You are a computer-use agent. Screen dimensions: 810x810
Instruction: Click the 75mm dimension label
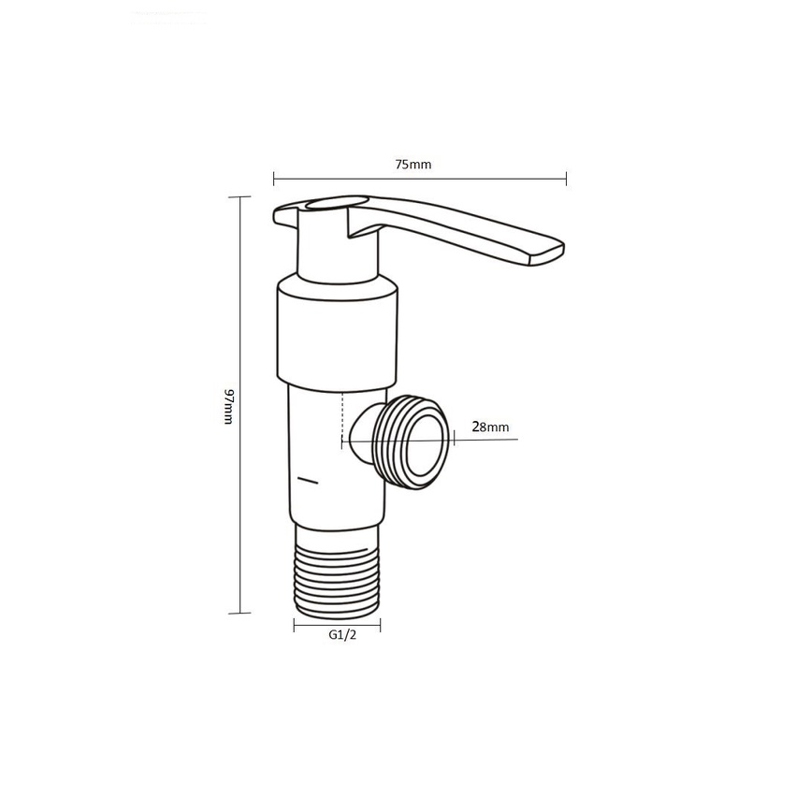412,165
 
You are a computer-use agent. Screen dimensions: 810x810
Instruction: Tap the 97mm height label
229,407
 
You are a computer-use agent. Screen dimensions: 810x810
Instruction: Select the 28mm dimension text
490,427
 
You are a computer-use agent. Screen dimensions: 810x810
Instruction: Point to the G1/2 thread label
342,635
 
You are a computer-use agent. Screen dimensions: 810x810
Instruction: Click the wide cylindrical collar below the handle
338,333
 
